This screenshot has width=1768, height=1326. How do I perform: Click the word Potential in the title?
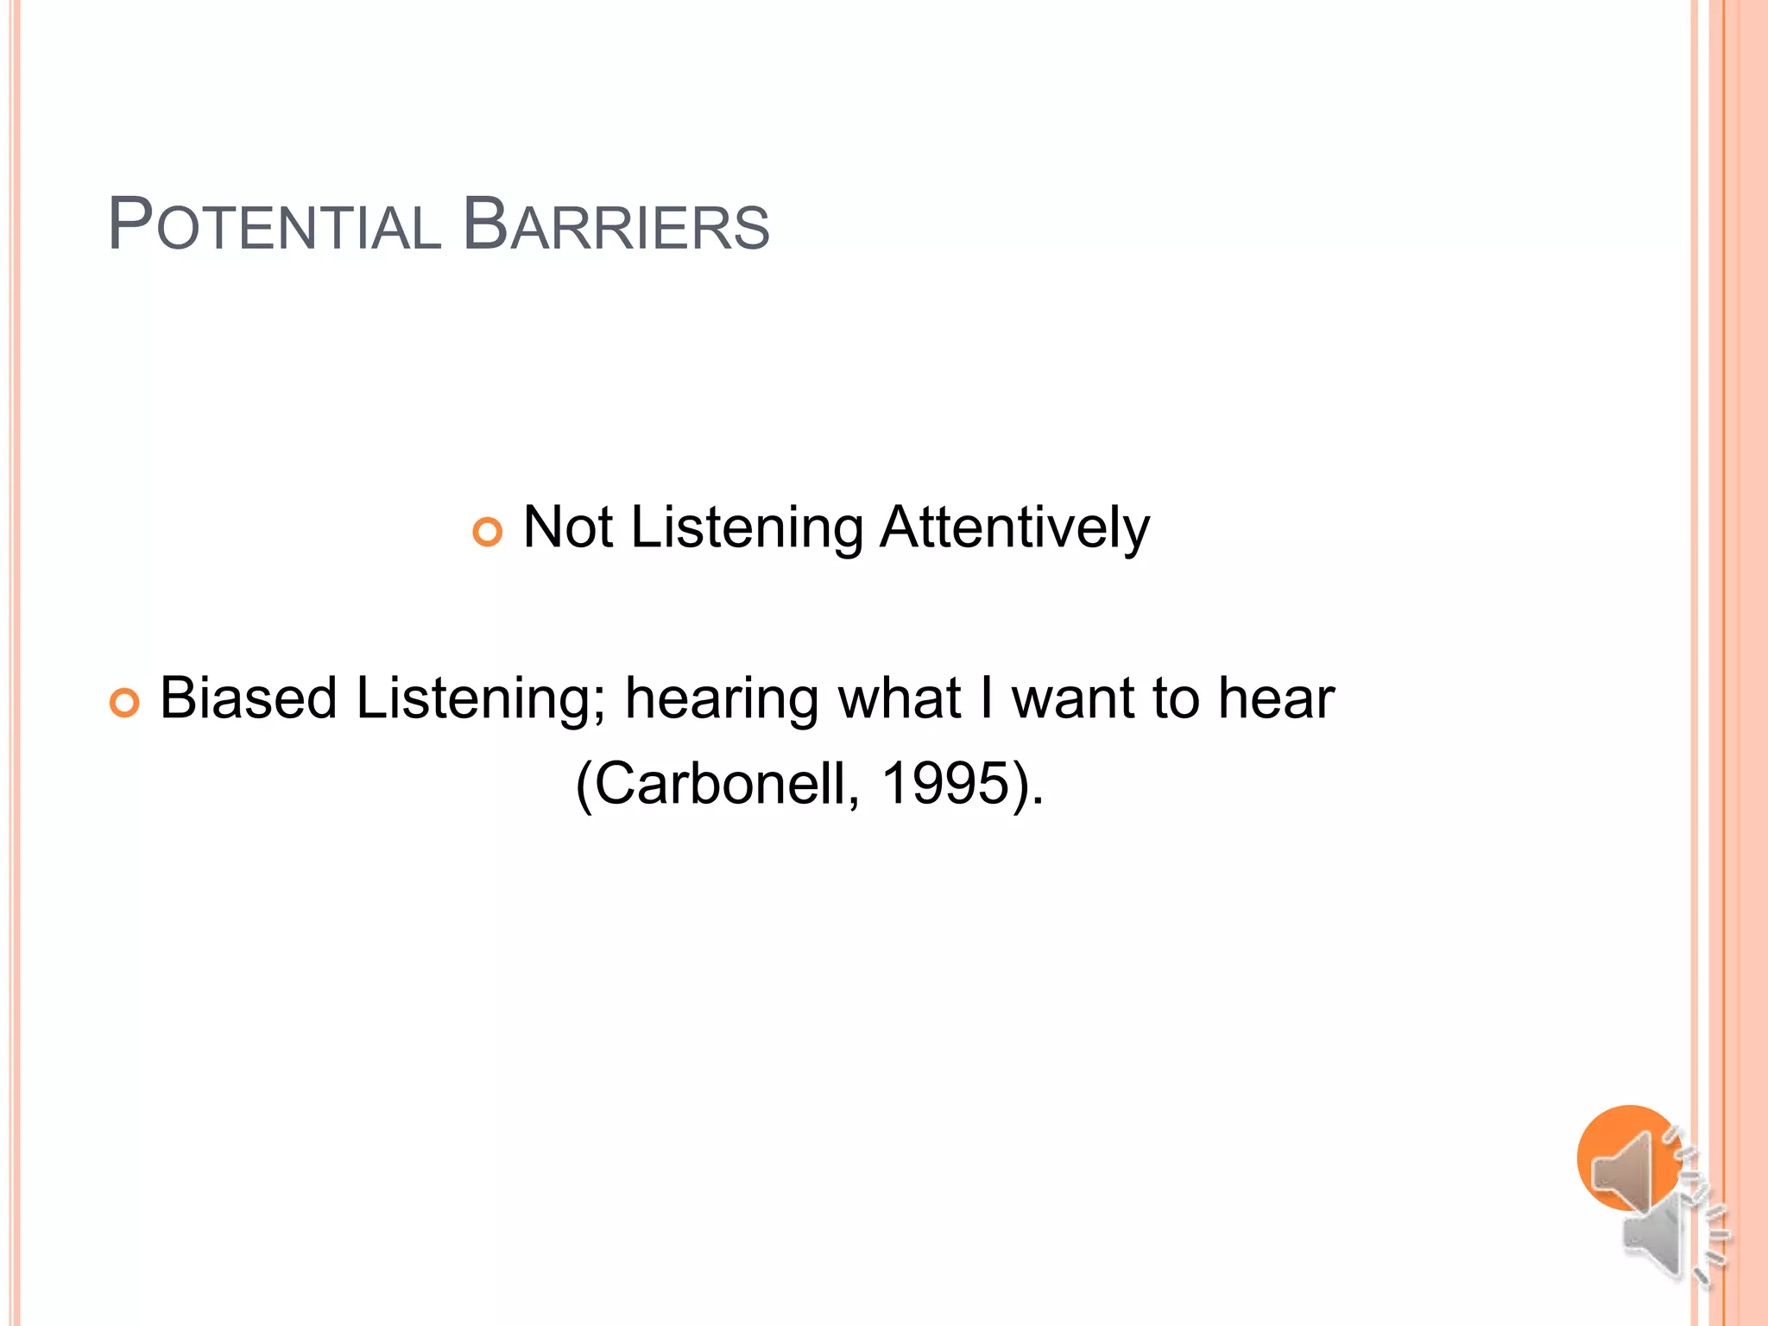click(x=274, y=226)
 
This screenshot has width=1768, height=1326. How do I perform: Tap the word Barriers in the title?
click(x=616, y=226)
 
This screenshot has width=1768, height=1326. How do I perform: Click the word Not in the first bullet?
click(x=568, y=527)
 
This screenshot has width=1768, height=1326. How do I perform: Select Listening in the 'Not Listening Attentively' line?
click(x=747, y=529)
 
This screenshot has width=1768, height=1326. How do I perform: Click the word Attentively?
click(x=1014, y=527)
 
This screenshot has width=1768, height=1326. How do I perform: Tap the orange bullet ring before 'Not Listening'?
click(x=488, y=532)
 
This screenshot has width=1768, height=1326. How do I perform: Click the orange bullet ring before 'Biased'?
click(x=124, y=704)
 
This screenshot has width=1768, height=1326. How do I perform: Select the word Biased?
click(x=249, y=698)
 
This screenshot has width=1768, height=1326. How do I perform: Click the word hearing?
click(x=722, y=700)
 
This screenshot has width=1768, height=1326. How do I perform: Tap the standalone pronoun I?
click(x=986, y=698)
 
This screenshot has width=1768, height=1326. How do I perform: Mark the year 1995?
click(x=944, y=785)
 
